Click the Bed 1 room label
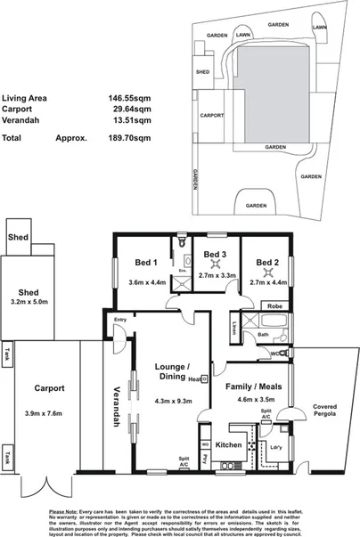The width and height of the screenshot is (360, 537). click(x=145, y=263)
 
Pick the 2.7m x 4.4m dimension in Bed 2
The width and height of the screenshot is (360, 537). click(x=268, y=282)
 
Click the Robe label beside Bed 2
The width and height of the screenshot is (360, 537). click(x=273, y=305)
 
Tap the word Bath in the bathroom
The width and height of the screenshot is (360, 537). click(x=263, y=335)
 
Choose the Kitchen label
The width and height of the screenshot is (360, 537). click(x=229, y=443)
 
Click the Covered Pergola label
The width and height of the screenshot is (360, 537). click(x=324, y=411)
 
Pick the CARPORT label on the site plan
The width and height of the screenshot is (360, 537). click(x=211, y=115)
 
